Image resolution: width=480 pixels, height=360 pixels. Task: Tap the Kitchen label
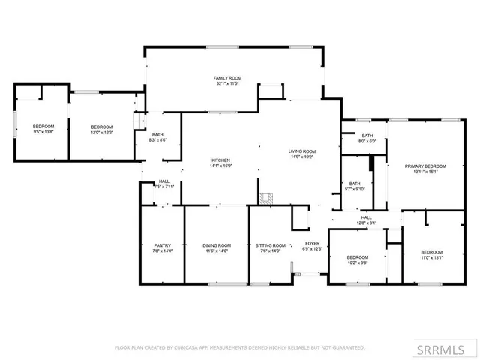[220, 160]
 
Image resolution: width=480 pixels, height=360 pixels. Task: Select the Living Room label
[302, 152]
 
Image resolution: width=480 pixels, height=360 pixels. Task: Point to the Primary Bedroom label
[425, 166]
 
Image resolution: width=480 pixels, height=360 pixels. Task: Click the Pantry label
[163, 245]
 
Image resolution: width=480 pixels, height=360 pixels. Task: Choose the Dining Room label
[217, 245]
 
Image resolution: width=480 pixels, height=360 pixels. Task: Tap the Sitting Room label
[271, 245]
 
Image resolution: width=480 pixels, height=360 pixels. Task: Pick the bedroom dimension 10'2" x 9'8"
[358, 262]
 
